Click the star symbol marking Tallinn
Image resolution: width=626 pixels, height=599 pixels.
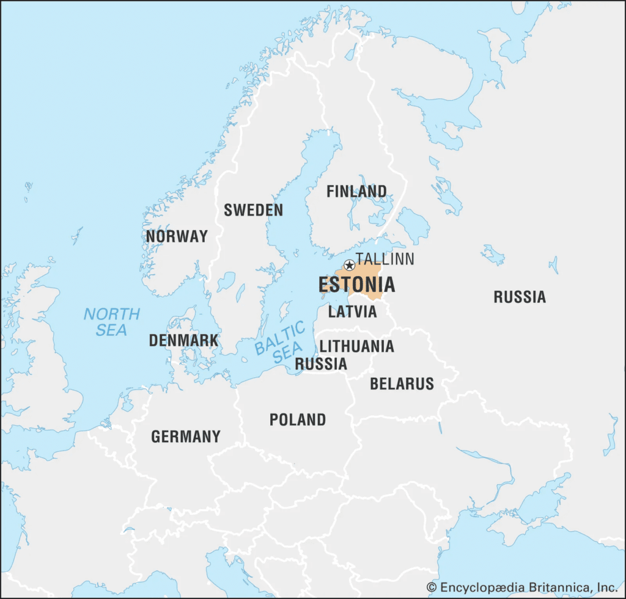[x=349, y=265]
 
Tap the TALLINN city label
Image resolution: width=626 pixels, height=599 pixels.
[x=385, y=259]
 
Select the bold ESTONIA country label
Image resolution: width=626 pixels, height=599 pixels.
[x=356, y=285]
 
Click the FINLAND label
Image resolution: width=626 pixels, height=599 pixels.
[x=356, y=191]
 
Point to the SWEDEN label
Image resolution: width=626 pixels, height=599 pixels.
[x=253, y=211]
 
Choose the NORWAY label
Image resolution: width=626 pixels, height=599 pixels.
[x=177, y=236]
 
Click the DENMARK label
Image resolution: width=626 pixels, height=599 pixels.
[x=183, y=341]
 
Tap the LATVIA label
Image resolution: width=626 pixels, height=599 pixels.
[x=353, y=312]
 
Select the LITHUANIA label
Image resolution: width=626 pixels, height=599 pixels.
[x=357, y=347]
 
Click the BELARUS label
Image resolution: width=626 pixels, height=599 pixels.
[x=402, y=384]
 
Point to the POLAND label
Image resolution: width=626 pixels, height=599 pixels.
[x=298, y=420]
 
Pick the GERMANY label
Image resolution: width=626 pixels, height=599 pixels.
[x=186, y=437]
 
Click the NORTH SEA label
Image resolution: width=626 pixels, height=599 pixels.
[x=112, y=322]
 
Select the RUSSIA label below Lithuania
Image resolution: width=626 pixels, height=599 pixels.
[x=321, y=365]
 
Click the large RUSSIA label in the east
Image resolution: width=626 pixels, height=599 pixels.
[x=520, y=297]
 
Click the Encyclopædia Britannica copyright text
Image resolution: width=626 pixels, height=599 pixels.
[x=521, y=587]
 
